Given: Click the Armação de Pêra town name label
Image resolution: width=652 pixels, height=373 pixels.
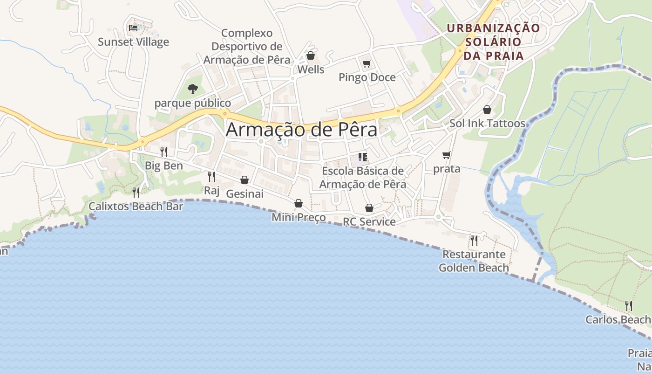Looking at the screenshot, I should click(301, 130).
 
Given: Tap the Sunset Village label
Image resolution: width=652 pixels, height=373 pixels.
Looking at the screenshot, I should click(133, 42).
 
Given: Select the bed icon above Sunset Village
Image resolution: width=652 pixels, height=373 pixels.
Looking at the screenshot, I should click(133, 28).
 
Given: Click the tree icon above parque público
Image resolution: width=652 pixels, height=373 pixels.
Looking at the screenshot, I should click(192, 89).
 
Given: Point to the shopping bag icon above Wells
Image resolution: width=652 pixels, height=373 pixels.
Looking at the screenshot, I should click(311, 56).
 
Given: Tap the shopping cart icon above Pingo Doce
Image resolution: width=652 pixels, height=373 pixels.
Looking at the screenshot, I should click(367, 63).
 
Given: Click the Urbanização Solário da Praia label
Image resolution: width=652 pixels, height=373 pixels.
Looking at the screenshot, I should click(493, 42).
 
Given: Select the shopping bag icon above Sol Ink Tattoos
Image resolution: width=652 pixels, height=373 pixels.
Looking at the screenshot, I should click(487, 110).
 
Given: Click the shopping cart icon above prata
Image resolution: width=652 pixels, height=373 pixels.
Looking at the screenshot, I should click(447, 155).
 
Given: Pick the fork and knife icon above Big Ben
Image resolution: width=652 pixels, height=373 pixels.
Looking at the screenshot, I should click(164, 152).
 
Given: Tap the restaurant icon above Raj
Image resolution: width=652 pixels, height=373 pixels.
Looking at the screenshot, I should click(211, 176).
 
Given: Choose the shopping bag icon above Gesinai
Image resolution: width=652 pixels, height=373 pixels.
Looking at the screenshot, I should click(244, 180).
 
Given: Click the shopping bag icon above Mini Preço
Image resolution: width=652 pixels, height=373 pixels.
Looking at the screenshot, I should click(299, 203).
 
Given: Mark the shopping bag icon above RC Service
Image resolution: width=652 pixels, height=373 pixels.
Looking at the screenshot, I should click(369, 208).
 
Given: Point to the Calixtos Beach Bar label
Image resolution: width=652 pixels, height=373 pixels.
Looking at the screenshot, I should click(136, 206).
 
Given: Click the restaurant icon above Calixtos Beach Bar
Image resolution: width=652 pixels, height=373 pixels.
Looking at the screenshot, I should click(136, 192).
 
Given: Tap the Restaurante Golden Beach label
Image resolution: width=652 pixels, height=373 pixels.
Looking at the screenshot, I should click(474, 261).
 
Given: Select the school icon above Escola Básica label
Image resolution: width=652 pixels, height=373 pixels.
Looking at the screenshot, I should click(363, 157).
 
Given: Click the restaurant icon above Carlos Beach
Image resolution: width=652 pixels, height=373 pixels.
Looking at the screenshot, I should click(629, 306).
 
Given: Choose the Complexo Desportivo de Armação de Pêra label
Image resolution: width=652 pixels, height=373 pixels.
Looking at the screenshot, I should click(247, 47).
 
